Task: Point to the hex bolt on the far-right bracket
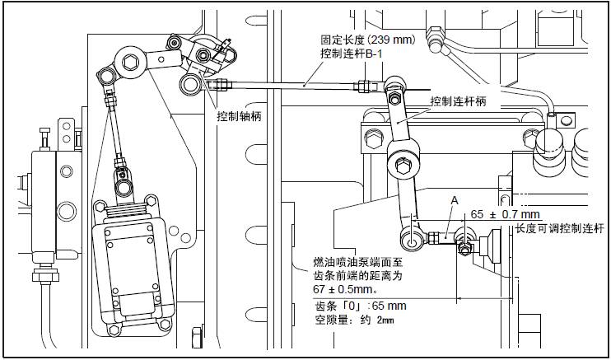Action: click(567, 120)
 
